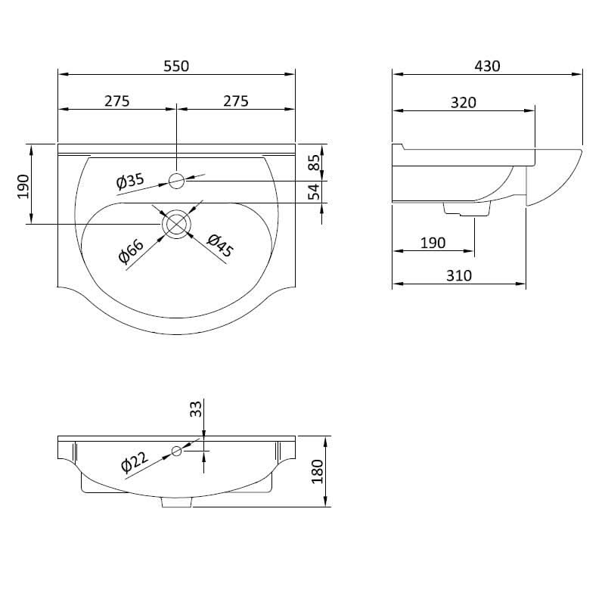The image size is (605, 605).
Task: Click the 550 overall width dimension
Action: [175, 66]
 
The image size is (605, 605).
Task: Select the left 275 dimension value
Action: [116, 101]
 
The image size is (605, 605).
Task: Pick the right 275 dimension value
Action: [235, 101]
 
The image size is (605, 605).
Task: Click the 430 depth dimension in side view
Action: [487, 66]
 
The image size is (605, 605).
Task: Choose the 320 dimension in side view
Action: [463, 102]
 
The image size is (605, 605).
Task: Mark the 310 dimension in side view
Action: [458, 276]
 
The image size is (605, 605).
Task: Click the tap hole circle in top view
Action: [176, 180]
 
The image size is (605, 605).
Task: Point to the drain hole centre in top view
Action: [176, 224]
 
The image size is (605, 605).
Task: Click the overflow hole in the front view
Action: [176, 451]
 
